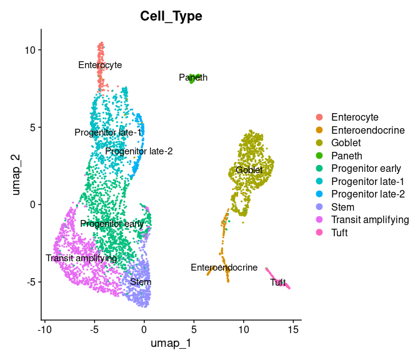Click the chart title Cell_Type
click(171, 16)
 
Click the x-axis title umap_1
click(171, 343)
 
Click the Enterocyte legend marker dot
click(319, 117)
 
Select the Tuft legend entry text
click(339, 232)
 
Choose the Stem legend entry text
click(342, 207)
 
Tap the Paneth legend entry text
click(346, 156)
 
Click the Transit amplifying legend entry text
click(369, 219)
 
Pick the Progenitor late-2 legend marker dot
click(319, 194)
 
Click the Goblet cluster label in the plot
click(249, 170)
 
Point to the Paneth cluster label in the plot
click(193, 77)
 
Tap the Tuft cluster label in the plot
click(278, 282)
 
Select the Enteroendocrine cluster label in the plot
click(224, 267)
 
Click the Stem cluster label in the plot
click(141, 282)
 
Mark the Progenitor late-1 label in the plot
click(108, 132)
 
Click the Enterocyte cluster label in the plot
click(100, 65)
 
